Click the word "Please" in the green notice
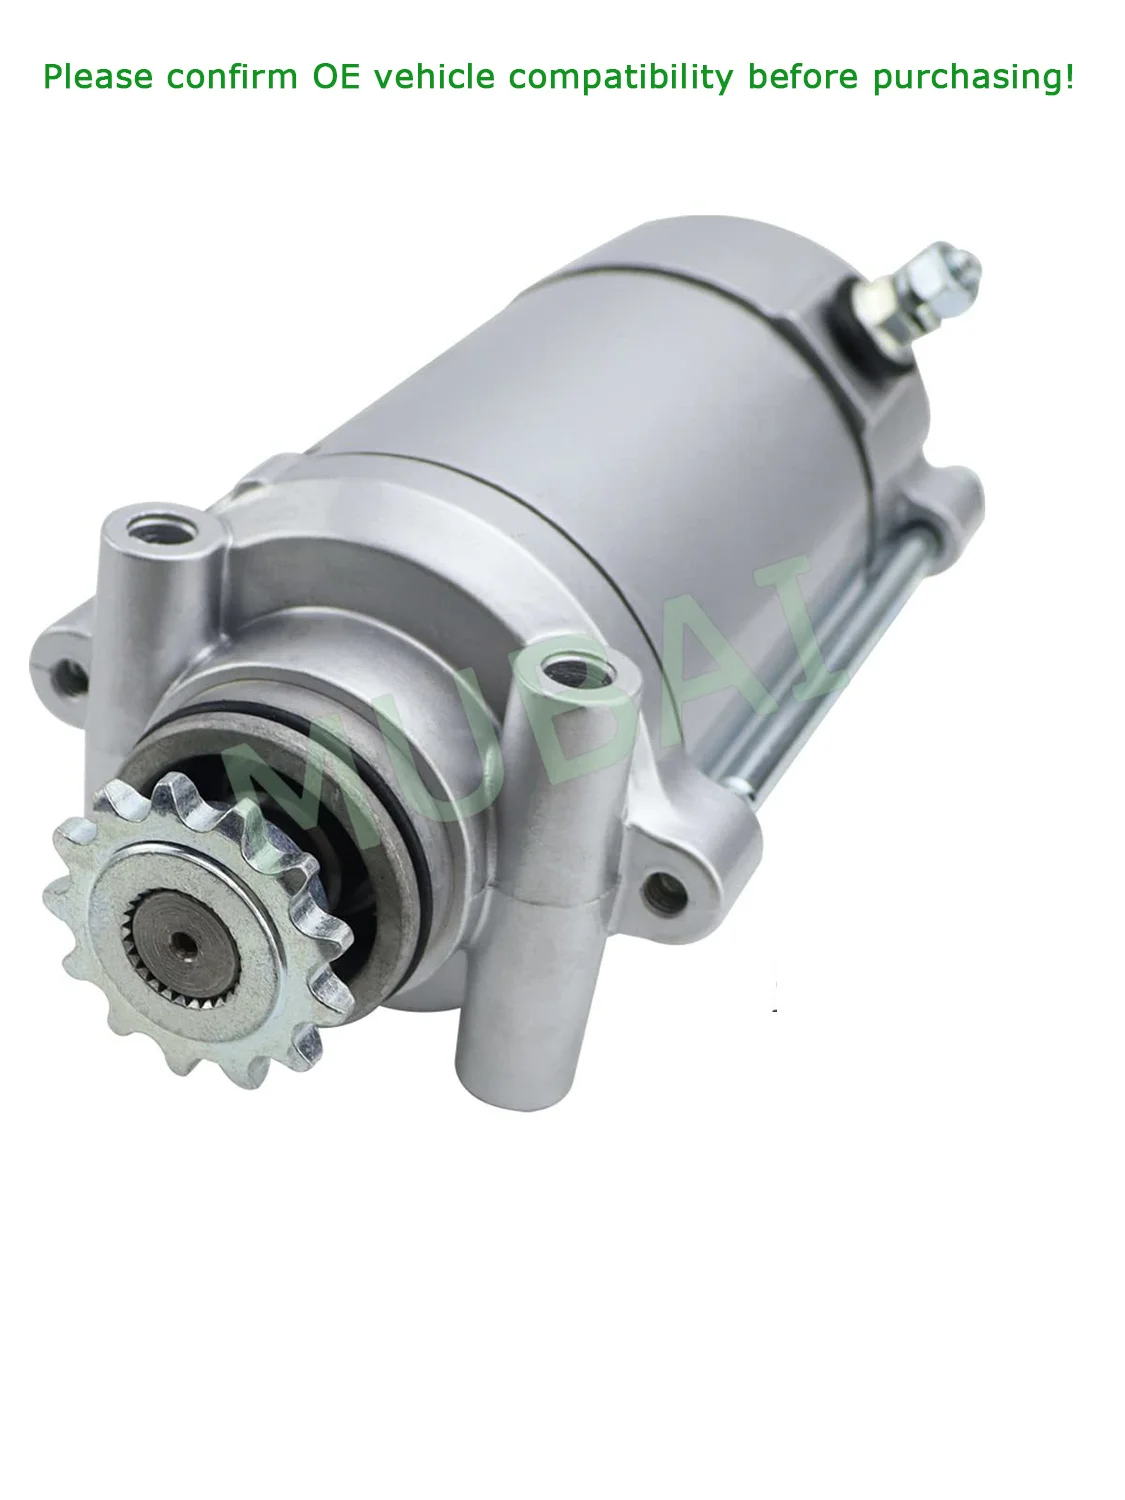pos(98,77)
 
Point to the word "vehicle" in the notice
pos(435,77)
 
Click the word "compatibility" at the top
pos(621,77)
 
